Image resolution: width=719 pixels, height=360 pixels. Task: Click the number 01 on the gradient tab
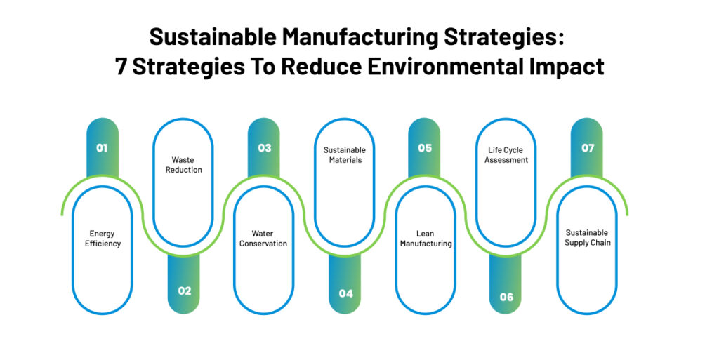[102, 148]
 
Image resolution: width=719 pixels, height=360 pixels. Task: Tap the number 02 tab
[184, 291]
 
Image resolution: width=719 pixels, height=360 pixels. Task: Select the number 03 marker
[264, 148]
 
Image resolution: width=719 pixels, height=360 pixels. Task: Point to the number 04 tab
[345, 293]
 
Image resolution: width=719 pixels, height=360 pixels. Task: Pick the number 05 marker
[425, 148]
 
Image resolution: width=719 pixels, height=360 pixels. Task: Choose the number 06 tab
[506, 297]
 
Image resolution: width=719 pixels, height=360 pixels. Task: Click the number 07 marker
[588, 148]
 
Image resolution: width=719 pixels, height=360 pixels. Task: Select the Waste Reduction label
[184, 165]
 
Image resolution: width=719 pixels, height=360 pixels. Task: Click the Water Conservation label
[263, 239]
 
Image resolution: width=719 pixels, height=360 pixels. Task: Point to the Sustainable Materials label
[344, 155]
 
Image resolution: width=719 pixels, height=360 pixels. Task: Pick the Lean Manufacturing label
[426, 239]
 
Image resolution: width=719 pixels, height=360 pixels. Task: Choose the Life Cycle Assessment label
[506, 155]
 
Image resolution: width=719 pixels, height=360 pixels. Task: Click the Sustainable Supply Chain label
[588, 238]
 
